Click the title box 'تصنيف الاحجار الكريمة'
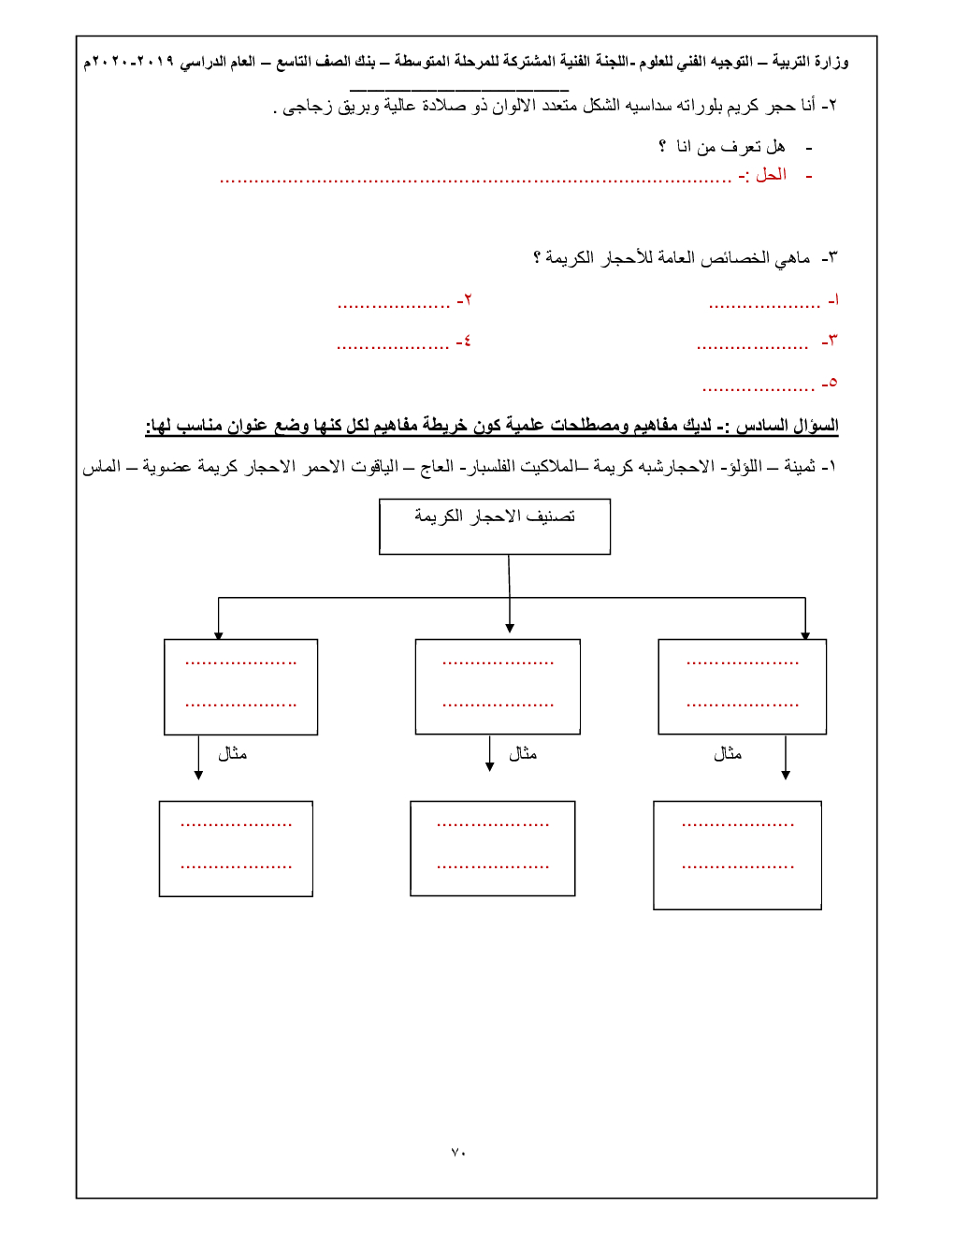coord(495,526)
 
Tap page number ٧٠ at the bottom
coord(458,1152)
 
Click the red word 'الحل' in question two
coord(771,175)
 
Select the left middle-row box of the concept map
coord(240,687)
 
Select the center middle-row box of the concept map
coord(498,687)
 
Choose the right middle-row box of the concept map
coord(742,687)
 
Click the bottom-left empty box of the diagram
coord(236,849)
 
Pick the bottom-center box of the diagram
coord(492,849)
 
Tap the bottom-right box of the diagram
coord(737,855)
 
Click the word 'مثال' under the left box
coord(232,754)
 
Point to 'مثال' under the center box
coord(522,754)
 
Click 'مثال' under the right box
coord(727,754)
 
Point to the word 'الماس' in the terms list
coord(101,466)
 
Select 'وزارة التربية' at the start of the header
coord(810,62)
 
